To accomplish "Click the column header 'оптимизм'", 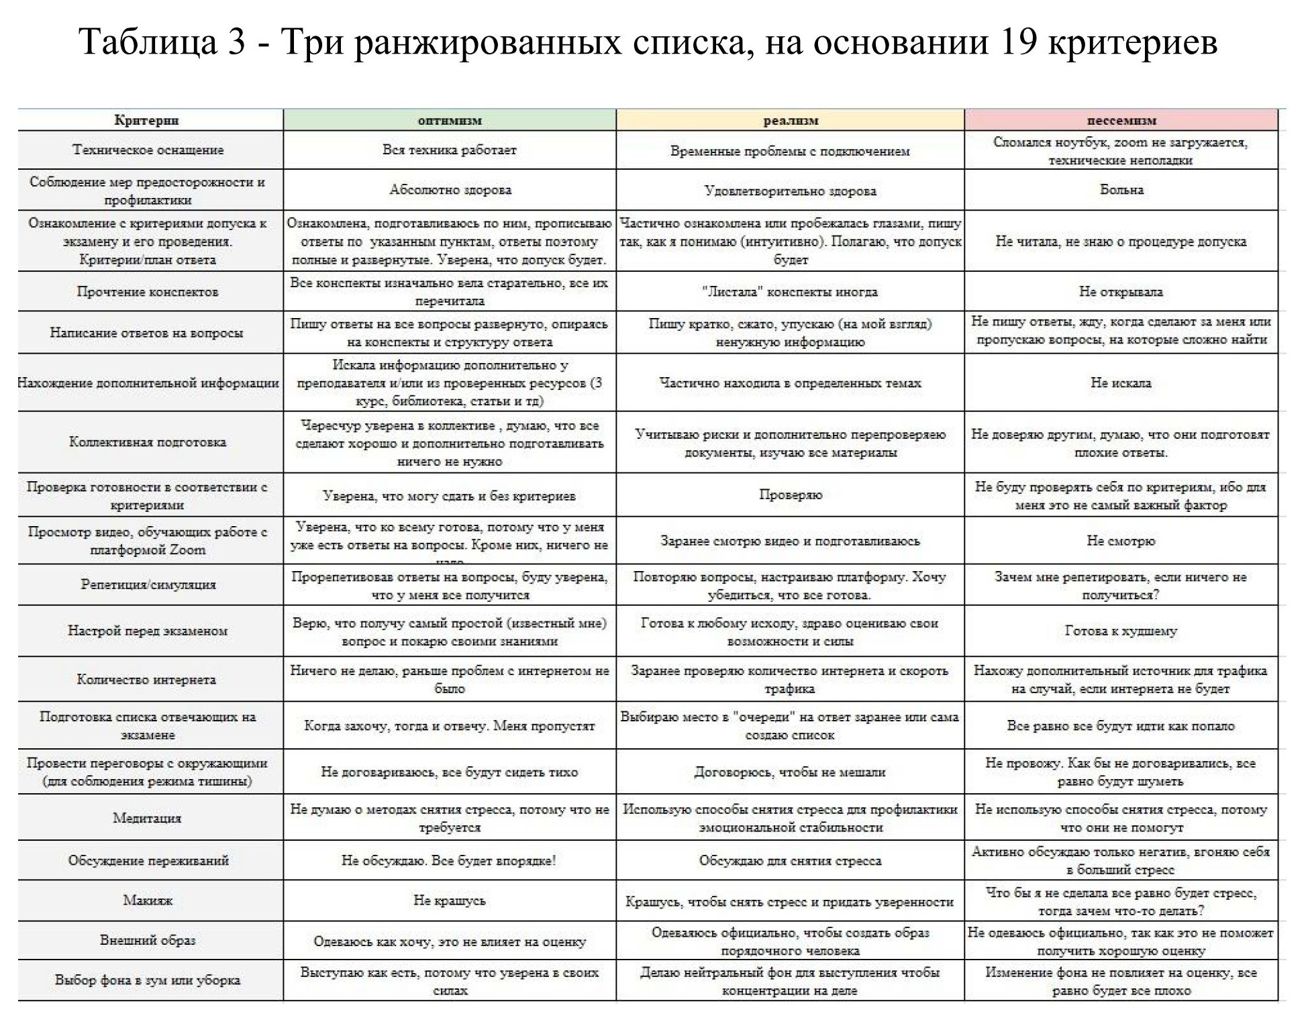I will pos(449,121).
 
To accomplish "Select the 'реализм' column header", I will pos(791,121).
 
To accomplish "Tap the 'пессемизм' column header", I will pos(1121,121).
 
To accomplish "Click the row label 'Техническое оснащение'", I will pos(148,150).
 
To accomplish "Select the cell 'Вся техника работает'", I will pos(449,150).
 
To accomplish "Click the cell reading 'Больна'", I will pos(1121,190).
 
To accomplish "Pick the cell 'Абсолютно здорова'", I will pos(450,190).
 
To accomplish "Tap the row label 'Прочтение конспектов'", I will pos(147,292).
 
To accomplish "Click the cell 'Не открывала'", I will pos(1121,292).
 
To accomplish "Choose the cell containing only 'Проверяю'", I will pos(790,495).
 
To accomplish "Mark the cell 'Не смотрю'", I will pos(1121,541).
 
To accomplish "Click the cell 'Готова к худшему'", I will pos(1121,631).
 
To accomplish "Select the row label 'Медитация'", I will pos(147,818).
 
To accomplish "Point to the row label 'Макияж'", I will pos(147,901).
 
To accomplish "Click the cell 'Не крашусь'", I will pos(449,901).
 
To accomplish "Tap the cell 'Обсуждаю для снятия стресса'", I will pos(790,861).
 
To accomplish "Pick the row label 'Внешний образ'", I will pos(148,940).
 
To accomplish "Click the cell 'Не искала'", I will pos(1121,383).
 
